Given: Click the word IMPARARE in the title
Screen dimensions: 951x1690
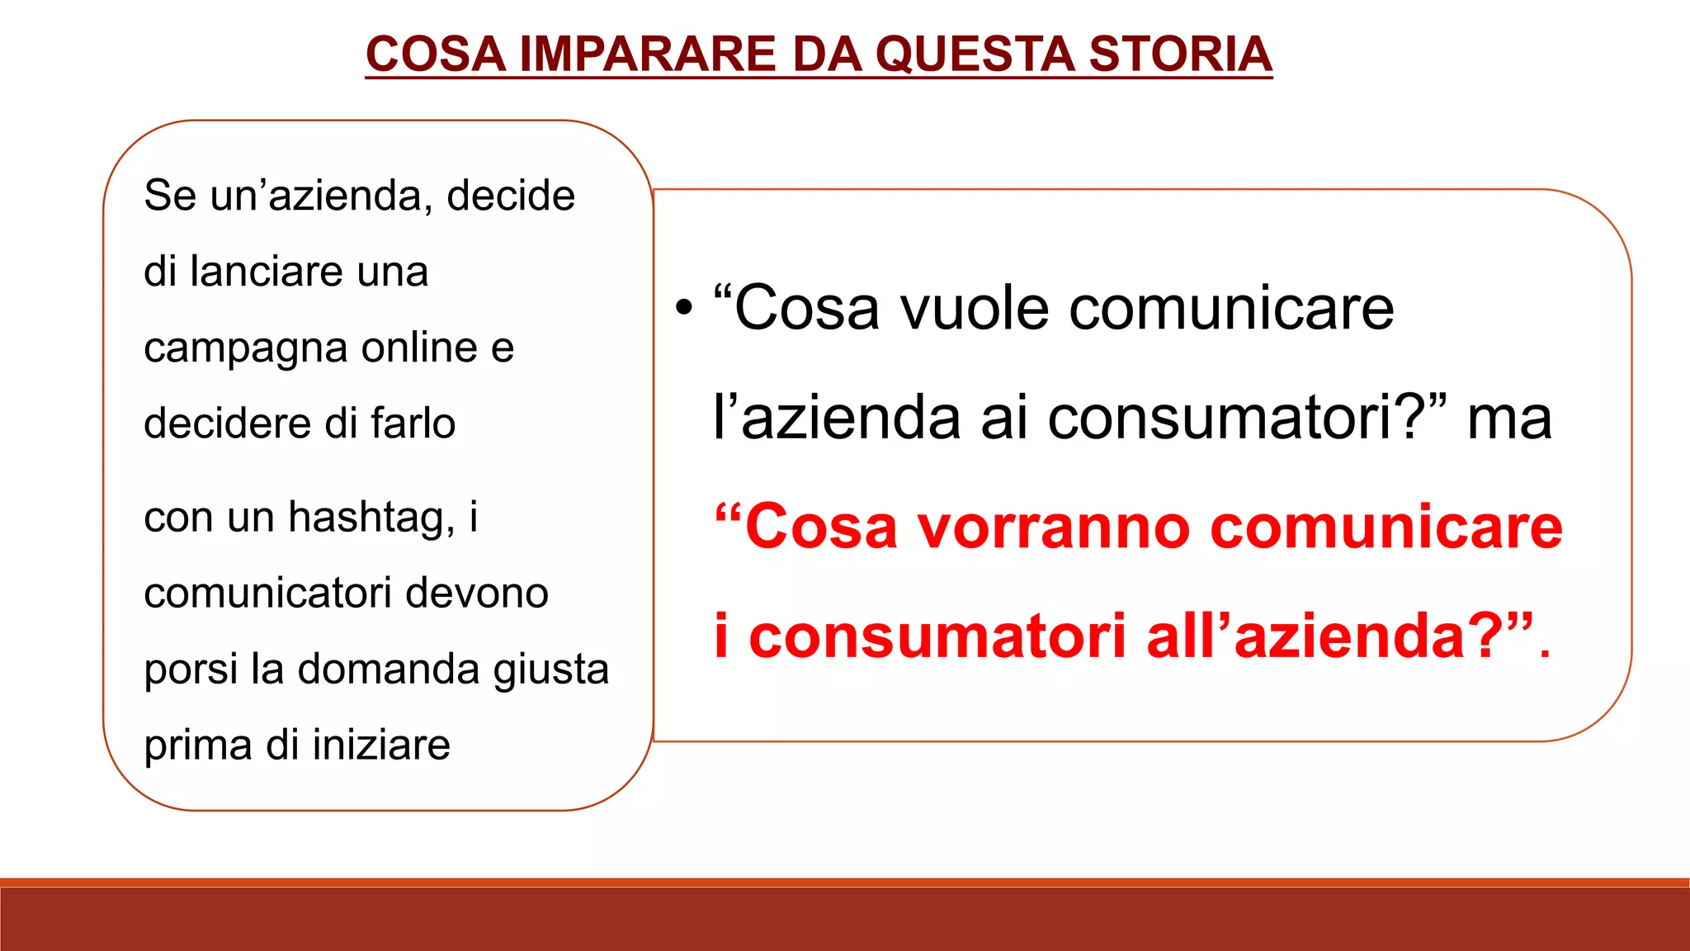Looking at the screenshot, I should coord(648,54).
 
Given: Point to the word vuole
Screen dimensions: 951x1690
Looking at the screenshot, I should coord(975,308).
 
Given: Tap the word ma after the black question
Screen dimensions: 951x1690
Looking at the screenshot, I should coord(1509,418).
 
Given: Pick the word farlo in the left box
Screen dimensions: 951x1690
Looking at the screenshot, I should coord(413,423).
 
